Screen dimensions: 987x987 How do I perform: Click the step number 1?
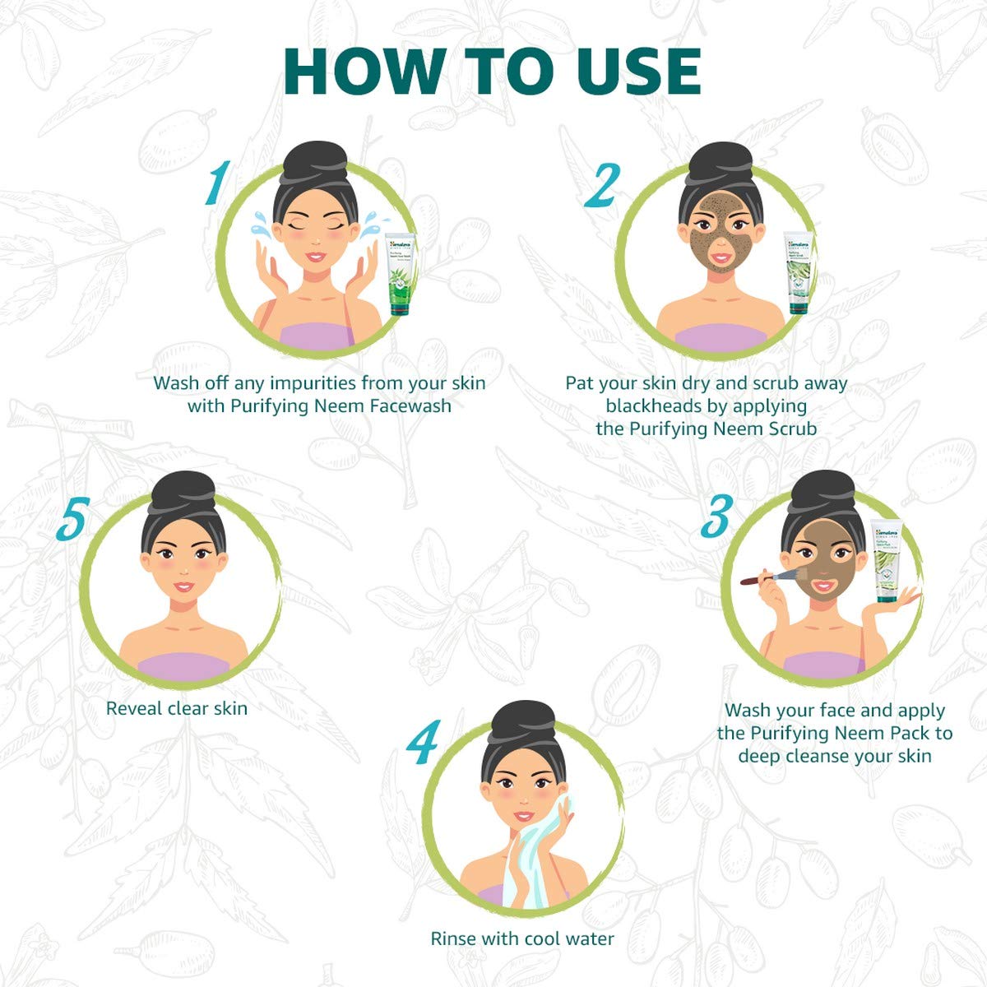(x=216, y=182)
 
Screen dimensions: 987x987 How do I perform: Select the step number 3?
(x=716, y=516)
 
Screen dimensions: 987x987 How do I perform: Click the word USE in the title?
(x=637, y=72)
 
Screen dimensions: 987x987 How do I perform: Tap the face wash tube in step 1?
(x=401, y=274)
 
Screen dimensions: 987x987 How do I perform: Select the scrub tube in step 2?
(x=798, y=272)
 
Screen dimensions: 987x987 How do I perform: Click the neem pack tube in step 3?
(x=887, y=561)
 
